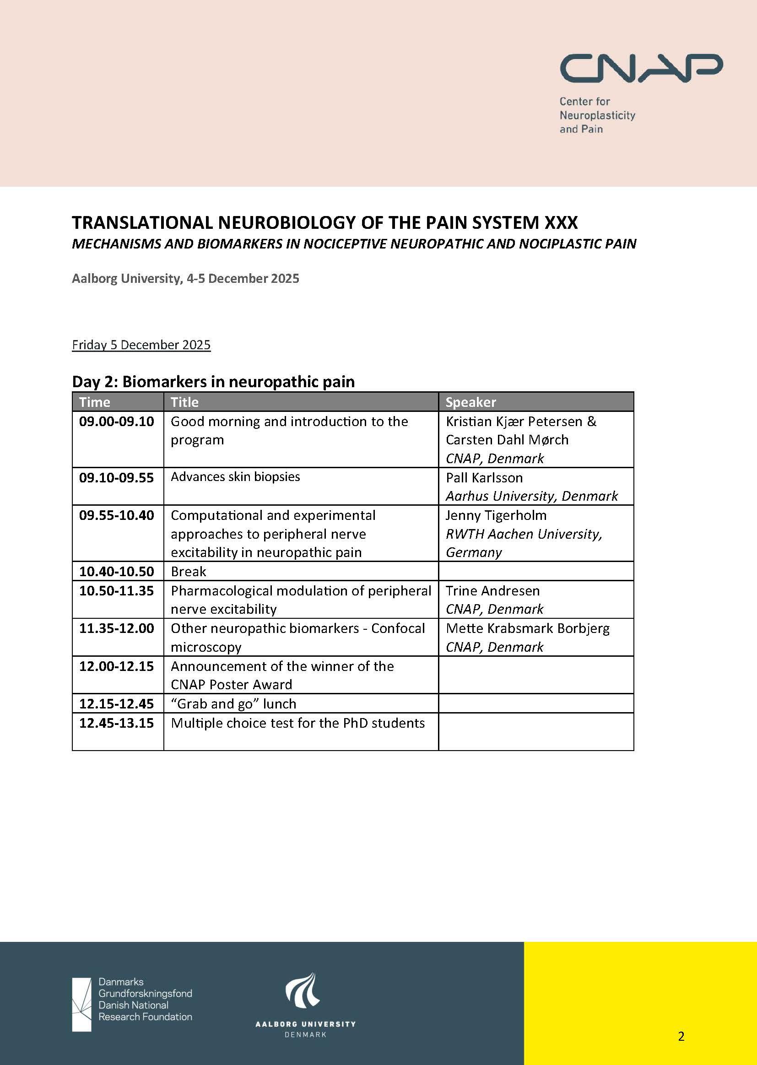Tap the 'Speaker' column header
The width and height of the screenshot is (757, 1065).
click(x=470, y=402)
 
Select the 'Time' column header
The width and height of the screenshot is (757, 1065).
click(x=95, y=402)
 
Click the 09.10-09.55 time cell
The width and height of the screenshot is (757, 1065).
click(x=117, y=477)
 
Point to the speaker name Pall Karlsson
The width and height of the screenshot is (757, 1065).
click(x=484, y=477)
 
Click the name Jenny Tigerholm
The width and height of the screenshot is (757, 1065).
click(x=496, y=515)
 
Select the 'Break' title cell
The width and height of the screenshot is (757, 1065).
click(x=188, y=571)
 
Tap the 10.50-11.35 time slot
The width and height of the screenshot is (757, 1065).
click(x=117, y=590)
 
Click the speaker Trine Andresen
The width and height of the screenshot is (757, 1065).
click(x=492, y=590)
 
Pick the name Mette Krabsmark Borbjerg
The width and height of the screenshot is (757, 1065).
click(x=527, y=628)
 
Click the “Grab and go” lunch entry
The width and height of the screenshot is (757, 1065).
click(x=233, y=703)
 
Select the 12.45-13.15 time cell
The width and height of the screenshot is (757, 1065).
click(x=117, y=723)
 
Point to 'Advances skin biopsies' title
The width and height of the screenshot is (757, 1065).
click(x=235, y=476)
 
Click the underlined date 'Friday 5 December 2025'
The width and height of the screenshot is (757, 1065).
click(x=141, y=345)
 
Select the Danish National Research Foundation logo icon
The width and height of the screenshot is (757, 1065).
click(x=82, y=1005)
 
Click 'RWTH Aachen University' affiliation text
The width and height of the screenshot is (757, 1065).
click(x=524, y=534)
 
